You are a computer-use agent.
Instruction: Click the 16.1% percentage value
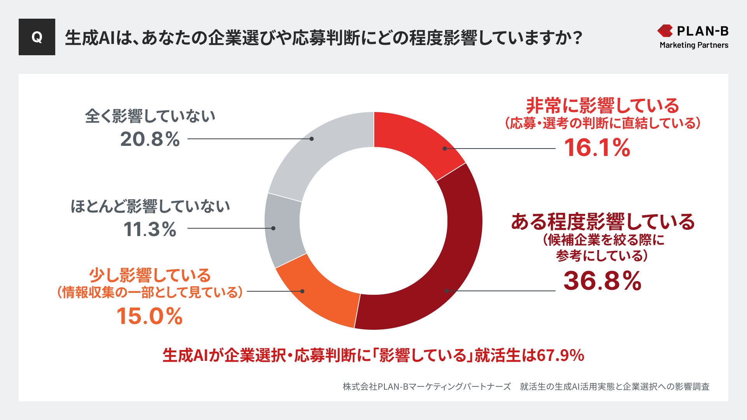click(597, 148)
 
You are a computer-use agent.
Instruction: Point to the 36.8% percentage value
click(602, 281)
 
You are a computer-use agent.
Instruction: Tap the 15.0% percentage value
click(149, 316)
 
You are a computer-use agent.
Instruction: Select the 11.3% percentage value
click(150, 229)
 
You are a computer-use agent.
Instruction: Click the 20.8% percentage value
click(150, 139)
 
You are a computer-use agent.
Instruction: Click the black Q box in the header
click(37, 37)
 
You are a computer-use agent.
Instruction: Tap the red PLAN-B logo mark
click(665, 31)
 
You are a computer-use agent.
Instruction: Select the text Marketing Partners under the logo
click(694, 45)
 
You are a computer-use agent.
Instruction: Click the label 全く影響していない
click(150, 116)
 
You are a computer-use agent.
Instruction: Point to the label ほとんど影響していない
click(150, 206)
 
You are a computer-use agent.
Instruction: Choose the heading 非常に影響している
click(602, 105)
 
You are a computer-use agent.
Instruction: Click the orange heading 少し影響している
click(150, 275)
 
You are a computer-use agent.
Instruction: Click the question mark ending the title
click(577, 38)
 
